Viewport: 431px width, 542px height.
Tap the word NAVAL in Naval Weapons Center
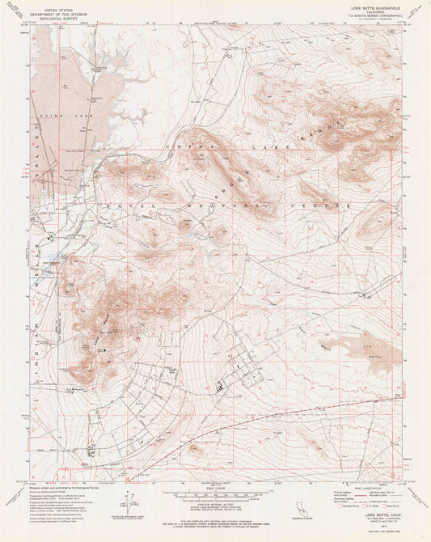point(121,208)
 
